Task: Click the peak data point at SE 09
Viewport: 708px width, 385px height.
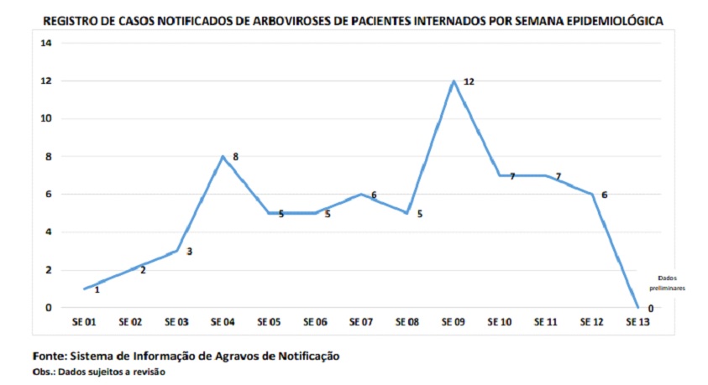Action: (454, 81)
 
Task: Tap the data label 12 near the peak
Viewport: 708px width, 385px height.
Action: (469, 81)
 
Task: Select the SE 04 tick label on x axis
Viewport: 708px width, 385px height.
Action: (223, 321)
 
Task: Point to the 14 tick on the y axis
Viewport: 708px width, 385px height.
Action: (46, 43)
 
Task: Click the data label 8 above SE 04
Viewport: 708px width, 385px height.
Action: (236, 156)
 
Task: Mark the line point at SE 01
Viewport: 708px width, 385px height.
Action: (84, 289)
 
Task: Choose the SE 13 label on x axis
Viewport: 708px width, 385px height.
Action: (638, 321)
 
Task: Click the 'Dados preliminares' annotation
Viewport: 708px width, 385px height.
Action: (671, 282)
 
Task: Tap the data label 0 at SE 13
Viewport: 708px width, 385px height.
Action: (651, 309)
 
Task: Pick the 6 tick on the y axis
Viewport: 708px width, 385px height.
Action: (49, 194)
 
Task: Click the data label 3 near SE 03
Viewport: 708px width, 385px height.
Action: (190, 251)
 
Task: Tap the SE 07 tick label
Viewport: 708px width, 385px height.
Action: (361, 321)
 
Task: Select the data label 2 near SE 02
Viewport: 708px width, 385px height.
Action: (143, 270)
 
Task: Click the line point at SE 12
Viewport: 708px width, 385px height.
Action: (592, 195)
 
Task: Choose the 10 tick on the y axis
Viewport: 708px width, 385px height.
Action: (46, 118)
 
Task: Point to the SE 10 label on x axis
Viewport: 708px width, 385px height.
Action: (500, 321)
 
